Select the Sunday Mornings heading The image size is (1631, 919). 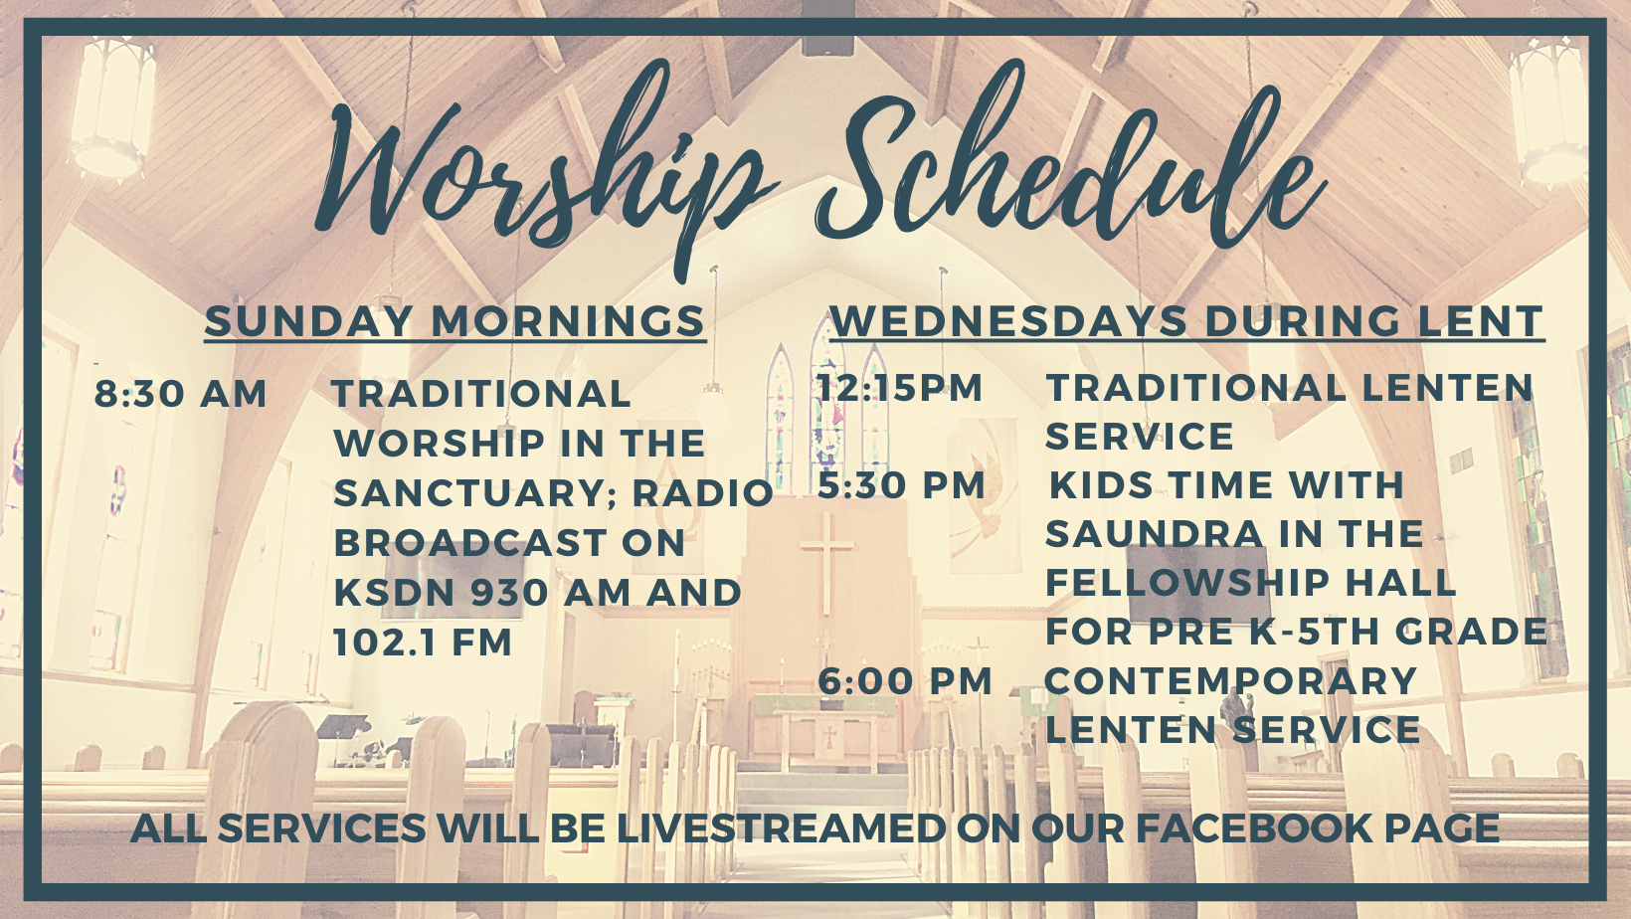tap(455, 321)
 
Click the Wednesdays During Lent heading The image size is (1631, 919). tap(1186, 321)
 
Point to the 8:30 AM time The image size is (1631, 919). tap(181, 394)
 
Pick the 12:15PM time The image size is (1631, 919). tap(900, 388)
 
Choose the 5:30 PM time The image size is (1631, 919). tap(901, 485)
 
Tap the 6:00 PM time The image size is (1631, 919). tap(905, 681)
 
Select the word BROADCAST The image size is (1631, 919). tap(470, 543)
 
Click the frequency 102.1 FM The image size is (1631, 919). tap(423, 643)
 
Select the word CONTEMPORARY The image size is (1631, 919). tap(1230, 681)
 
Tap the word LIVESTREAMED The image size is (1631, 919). tap(782, 827)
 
